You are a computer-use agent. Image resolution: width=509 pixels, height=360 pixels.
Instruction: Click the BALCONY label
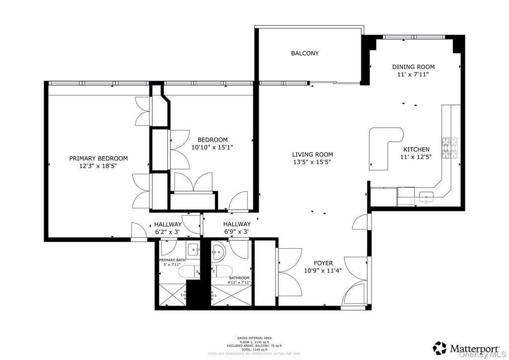[x=305, y=53]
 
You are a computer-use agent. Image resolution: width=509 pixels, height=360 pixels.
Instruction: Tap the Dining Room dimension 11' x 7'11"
[x=413, y=74]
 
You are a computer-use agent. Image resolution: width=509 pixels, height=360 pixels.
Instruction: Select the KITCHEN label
[x=416, y=149]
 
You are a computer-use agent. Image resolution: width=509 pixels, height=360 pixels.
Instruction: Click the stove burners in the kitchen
[x=450, y=148]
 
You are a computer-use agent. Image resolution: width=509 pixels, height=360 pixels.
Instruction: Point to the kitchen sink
[x=426, y=198]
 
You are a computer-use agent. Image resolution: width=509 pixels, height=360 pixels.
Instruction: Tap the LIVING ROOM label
[x=312, y=155]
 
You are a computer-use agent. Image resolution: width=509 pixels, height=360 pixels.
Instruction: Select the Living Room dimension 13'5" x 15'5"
[x=312, y=162]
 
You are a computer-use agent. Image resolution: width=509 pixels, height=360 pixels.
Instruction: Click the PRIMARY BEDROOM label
[x=98, y=158]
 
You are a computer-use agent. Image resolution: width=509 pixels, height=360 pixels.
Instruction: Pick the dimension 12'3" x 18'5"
[x=98, y=166]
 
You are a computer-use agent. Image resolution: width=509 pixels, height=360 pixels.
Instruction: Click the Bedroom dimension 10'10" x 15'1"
[x=212, y=147]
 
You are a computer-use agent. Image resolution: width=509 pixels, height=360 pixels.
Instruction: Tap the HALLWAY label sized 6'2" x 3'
[x=168, y=225]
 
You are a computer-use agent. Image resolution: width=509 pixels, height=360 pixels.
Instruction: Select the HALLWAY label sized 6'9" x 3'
[x=237, y=225]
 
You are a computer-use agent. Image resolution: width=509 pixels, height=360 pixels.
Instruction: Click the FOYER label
[x=323, y=263]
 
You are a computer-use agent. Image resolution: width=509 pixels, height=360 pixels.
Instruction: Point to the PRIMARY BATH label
[x=172, y=260]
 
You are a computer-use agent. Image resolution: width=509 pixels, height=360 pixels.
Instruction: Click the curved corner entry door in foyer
[x=356, y=293]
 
